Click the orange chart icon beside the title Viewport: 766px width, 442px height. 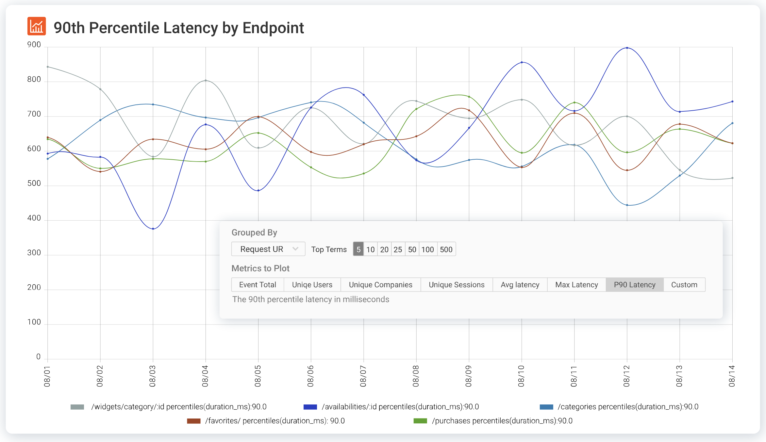[x=37, y=26]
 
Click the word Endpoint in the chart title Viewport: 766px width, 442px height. [x=273, y=28]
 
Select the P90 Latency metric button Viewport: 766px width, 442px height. [x=634, y=285]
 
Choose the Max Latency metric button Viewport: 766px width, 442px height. [x=576, y=285]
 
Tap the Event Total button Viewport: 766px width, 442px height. [x=258, y=285]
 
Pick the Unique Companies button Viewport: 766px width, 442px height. [x=380, y=285]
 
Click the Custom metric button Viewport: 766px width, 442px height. [x=684, y=285]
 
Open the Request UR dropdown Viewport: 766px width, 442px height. [x=268, y=249]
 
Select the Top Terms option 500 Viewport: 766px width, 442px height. [x=446, y=249]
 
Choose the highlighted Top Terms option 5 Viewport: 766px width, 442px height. [x=358, y=249]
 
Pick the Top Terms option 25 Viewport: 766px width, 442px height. [x=398, y=249]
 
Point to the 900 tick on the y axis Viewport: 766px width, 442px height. [x=34, y=45]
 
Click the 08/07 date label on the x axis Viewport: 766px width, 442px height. [x=363, y=376]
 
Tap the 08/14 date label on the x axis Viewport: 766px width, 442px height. [x=732, y=376]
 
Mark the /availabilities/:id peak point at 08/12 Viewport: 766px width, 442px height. [x=627, y=48]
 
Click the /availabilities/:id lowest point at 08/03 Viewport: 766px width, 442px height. [x=153, y=229]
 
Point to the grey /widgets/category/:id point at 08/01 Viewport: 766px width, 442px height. [x=48, y=67]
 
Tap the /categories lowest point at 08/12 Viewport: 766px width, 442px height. [x=627, y=205]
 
